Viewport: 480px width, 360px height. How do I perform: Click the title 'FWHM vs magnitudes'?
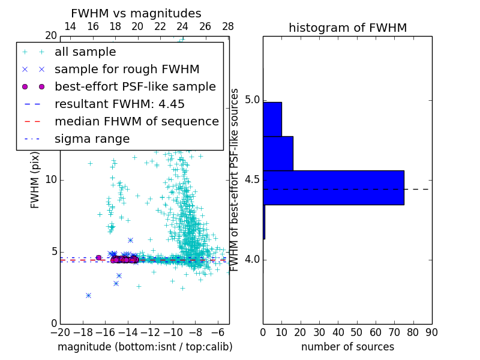(136, 14)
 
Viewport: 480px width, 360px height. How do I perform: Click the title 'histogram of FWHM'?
(347, 28)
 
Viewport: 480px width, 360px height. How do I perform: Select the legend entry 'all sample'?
(85, 52)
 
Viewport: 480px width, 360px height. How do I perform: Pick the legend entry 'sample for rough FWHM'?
(127, 70)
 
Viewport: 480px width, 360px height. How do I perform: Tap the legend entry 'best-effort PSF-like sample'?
(135, 87)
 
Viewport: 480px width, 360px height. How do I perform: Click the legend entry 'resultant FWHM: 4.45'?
(119, 104)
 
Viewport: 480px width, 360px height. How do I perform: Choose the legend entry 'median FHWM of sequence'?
(136, 122)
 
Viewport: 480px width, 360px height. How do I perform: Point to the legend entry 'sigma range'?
(92, 139)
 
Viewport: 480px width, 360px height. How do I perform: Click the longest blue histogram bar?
(333, 188)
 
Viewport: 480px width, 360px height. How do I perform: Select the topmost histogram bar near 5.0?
(272, 119)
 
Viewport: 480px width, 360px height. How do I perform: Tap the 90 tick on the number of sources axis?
(431, 332)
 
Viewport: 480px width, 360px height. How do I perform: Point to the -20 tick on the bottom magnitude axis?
(60, 332)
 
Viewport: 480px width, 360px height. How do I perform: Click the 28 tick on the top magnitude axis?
(228, 27)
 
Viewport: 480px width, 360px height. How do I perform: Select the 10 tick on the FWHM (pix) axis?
(51, 179)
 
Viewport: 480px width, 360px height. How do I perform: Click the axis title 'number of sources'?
(347, 347)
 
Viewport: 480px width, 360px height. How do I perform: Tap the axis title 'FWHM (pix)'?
(35, 179)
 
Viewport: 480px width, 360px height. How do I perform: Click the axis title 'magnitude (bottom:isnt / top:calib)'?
(145, 347)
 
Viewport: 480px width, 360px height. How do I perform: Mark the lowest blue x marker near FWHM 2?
(88, 295)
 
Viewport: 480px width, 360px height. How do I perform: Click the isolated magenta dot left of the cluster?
(98, 258)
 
